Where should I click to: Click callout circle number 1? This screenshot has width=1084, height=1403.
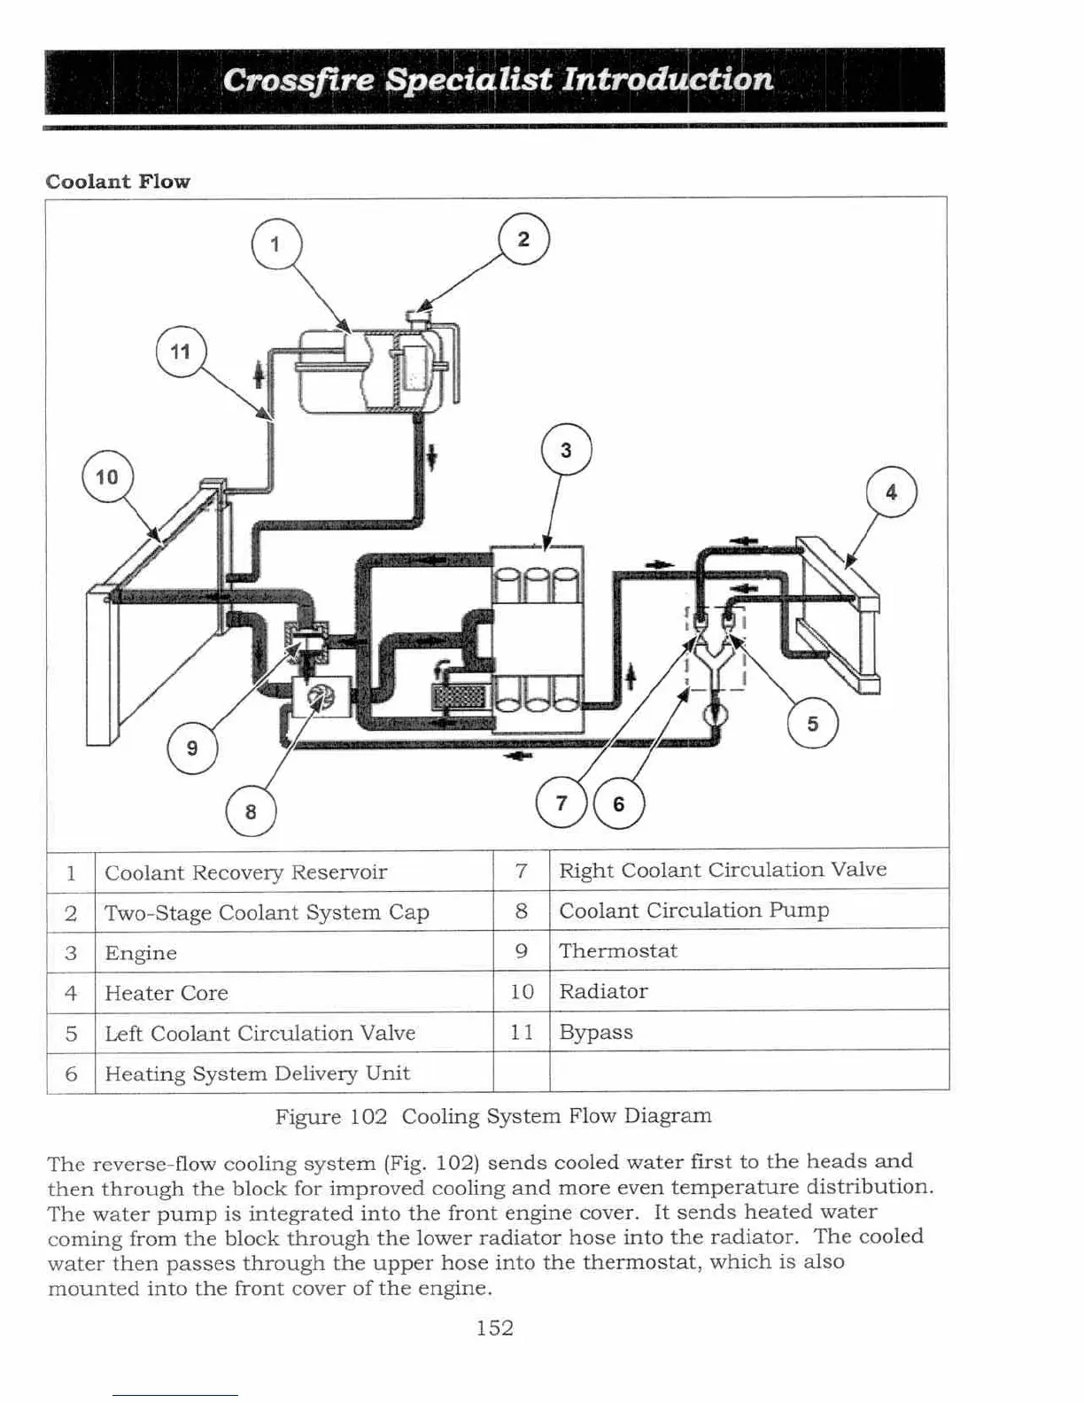276,244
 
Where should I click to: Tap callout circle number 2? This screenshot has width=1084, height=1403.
523,239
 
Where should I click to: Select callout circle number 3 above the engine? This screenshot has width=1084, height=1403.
566,450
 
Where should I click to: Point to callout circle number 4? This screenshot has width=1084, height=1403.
891,492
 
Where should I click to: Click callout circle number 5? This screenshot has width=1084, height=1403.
812,724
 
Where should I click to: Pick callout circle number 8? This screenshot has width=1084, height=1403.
251,811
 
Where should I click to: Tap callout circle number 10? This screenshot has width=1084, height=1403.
107,477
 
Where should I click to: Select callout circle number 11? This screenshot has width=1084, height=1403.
181,352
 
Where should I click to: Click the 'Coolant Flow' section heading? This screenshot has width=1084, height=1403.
118,182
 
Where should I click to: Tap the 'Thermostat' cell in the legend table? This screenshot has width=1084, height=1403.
618,950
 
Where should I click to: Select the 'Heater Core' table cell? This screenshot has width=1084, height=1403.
166,993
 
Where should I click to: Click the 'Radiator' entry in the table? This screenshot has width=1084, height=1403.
603,991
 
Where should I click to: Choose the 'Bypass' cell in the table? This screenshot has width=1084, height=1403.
596,1032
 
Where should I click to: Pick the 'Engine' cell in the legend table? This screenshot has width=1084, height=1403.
141,953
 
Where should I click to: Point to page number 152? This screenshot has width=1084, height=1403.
494,1328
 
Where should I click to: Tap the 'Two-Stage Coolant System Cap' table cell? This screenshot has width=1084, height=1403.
267,912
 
